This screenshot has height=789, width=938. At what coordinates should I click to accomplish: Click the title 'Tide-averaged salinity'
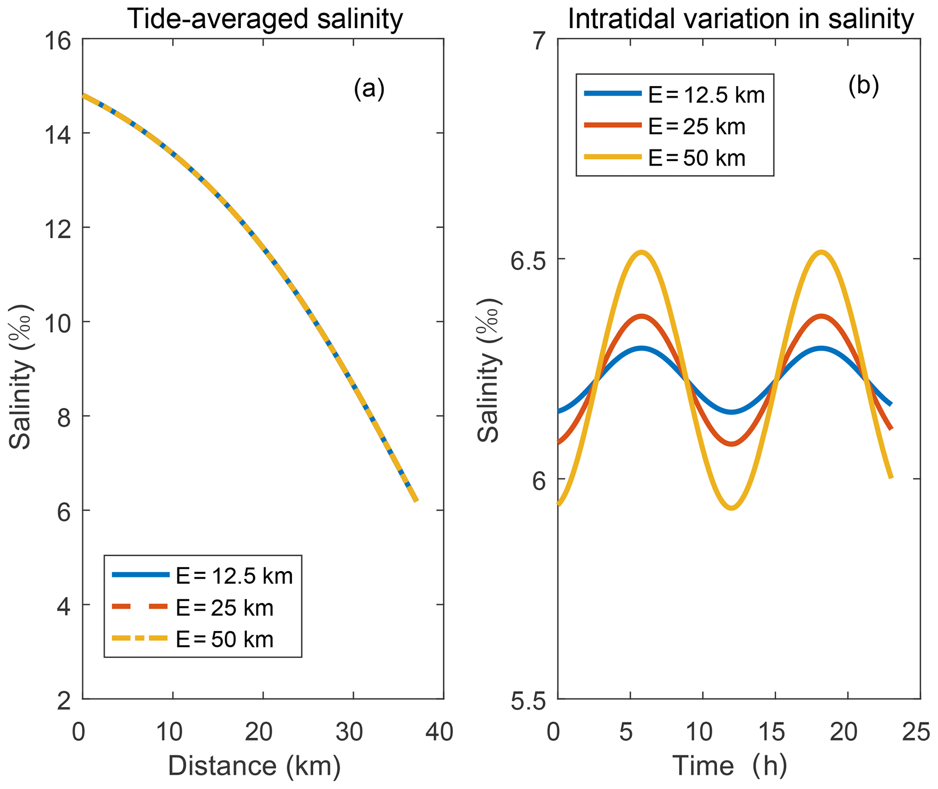pyautogui.click(x=265, y=19)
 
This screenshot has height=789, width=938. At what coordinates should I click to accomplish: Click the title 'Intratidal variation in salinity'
pyautogui.click(x=741, y=19)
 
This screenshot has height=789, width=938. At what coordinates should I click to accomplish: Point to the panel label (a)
pyautogui.click(x=369, y=88)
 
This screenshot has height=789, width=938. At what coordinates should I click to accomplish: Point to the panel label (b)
pyautogui.click(x=864, y=86)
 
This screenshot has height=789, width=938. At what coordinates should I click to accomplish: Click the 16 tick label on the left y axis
pyautogui.click(x=58, y=42)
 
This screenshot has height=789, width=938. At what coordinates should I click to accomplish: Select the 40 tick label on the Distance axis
pyautogui.click(x=439, y=732)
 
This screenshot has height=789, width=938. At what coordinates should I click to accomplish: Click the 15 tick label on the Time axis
pyautogui.click(x=771, y=732)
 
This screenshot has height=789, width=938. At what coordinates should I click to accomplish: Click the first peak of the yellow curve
pyautogui.click(x=641, y=252)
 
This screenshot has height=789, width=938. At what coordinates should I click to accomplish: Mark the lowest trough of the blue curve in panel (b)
pyautogui.click(x=732, y=412)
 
